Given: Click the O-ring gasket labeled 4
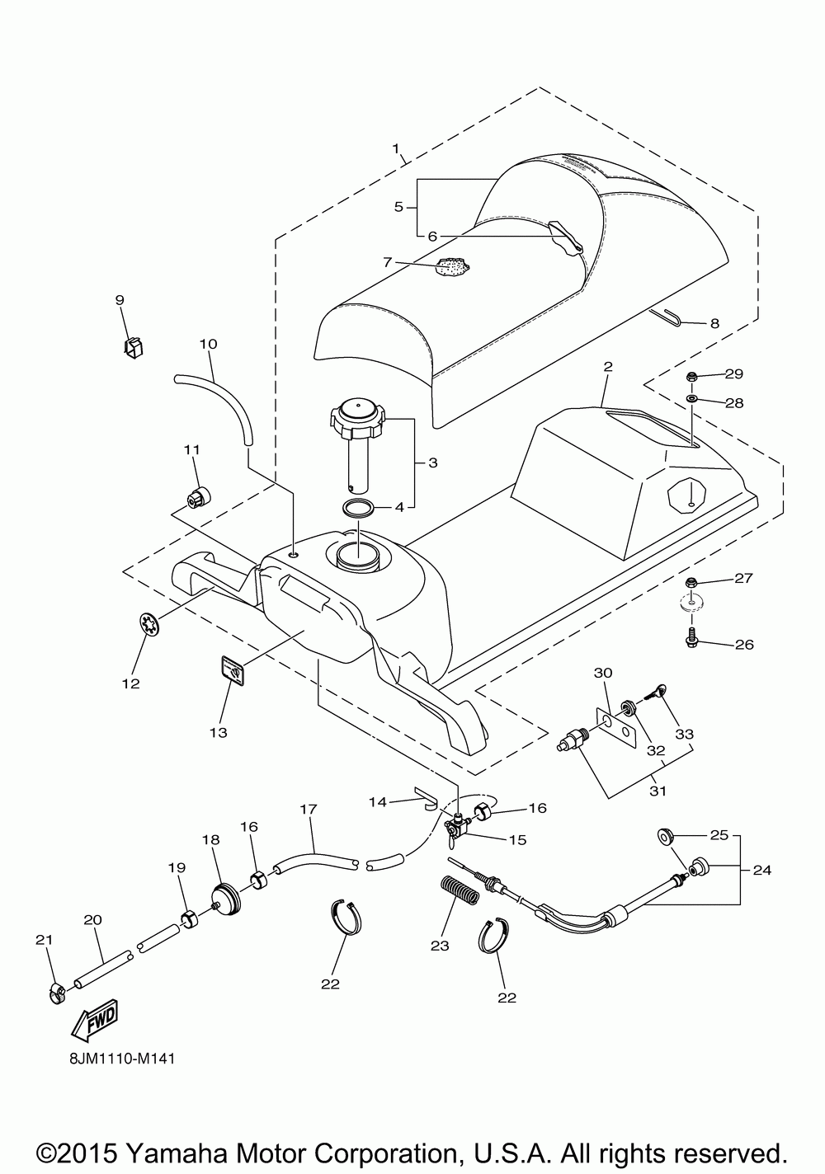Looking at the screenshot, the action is click(358, 507).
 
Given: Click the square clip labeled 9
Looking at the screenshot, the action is click(133, 348).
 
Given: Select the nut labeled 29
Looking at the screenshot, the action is click(692, 376).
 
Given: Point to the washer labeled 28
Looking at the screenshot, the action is click(692, 400).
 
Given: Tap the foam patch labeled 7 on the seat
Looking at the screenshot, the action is click(453, 267).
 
